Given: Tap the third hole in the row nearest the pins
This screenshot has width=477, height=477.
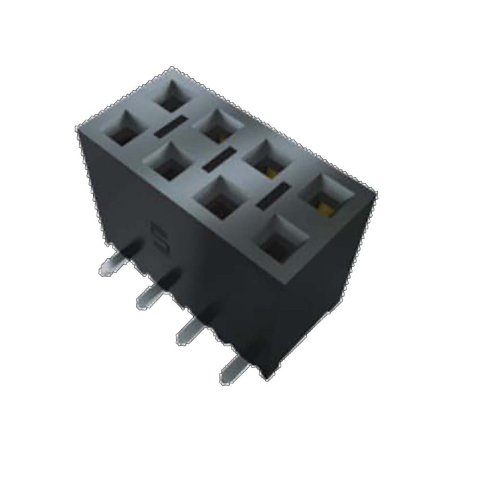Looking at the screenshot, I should coord(218,200).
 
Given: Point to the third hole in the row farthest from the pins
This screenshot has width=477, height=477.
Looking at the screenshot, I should coord(265,159).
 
